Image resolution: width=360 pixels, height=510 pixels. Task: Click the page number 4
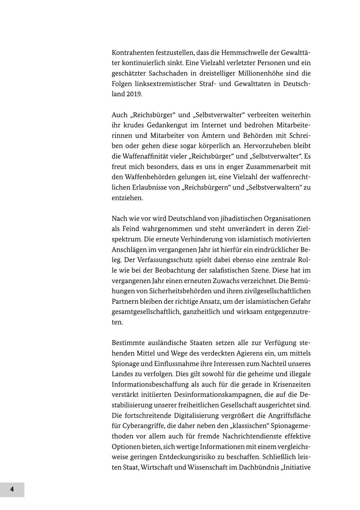[x=12, y=489]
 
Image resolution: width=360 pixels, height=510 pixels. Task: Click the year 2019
[x=134, y=94]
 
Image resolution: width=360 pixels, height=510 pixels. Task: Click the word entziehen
[x=127, y=198]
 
